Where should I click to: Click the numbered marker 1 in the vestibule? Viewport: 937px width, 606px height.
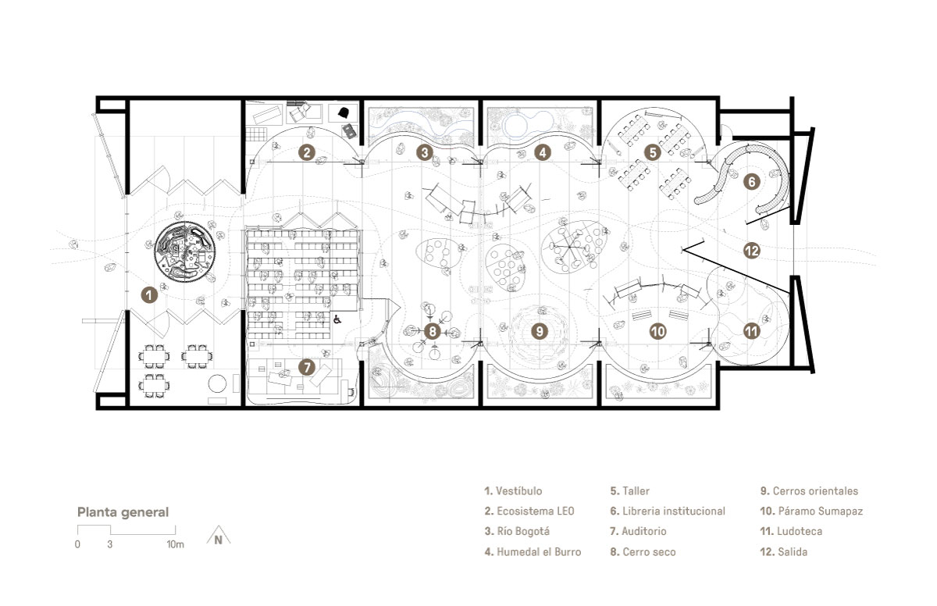(x=149, y=295)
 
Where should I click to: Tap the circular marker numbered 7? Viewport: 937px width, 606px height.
(x=307, y=368)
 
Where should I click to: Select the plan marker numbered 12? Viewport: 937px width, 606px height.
(x=752, y=251)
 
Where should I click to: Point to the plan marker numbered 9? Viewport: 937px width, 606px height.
(x=540, y=332)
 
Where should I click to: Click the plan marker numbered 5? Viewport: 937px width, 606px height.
(x=653, y=152)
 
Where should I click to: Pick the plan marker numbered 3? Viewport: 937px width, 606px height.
(x=425, y=152)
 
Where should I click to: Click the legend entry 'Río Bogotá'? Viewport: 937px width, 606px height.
(x=517, y=531)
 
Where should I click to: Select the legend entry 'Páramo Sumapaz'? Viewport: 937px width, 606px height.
(x=811, y=511)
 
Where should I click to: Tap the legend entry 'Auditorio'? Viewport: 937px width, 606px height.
(x=638, y=531)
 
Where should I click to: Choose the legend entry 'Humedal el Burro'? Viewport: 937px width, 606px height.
(x=533, y=551)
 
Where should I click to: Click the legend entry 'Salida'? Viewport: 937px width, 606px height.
(x=783, y=551)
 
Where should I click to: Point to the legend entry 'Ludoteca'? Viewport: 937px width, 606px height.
(x=791, y=531)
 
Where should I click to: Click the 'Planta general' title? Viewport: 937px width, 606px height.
(x=123, y=512)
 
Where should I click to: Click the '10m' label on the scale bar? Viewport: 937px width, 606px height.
(x=175, y=544)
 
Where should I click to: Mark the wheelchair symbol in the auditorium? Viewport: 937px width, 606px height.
(x=337, y=319)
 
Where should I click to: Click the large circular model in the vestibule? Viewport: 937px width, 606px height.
(x=185, y=252)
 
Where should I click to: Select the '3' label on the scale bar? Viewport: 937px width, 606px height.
(x=109, y=544)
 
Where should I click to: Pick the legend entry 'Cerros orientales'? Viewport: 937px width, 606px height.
(x=809, y=491)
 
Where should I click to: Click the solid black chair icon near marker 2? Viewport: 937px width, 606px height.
(x=344, y=112)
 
